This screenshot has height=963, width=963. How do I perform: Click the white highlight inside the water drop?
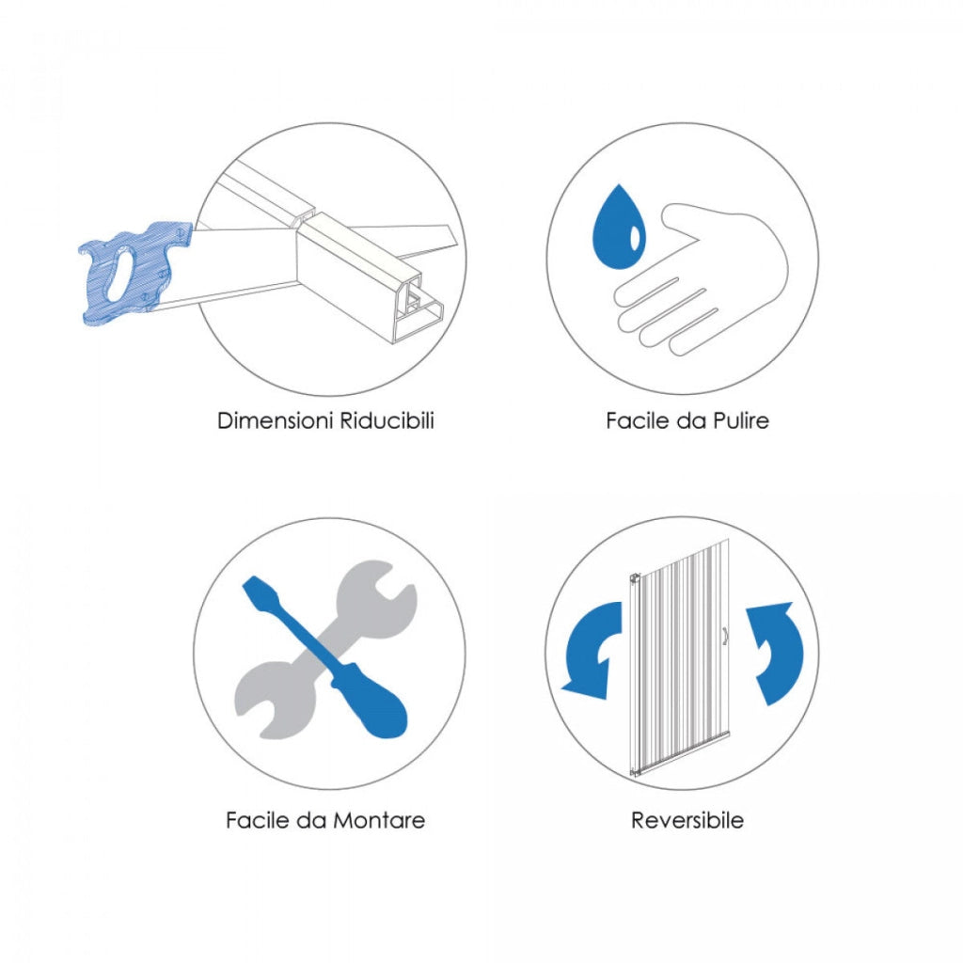[635, 238]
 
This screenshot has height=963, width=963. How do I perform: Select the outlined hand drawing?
[701, 279]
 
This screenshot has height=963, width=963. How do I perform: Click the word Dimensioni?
[276, 420]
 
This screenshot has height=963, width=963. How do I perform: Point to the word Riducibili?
[387, 420]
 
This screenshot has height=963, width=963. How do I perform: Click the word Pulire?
[741, 420]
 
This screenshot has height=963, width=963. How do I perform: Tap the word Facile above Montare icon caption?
[258, 820]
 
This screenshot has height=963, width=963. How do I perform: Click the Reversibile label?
[687, 820]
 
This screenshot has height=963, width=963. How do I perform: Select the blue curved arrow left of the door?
[592, 651]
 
